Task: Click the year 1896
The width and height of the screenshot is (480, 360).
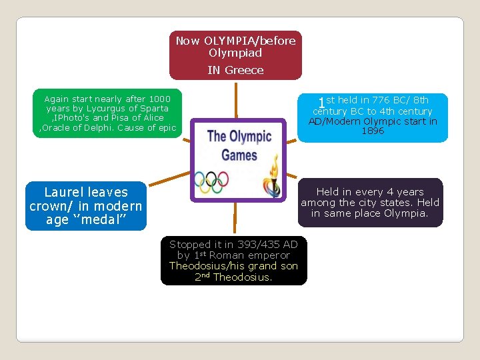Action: pos(373,131)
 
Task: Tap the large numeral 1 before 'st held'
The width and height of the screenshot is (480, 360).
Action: pos(321,104)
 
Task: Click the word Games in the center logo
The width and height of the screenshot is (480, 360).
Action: pos(239,155)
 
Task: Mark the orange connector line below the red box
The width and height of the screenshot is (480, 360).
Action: pos(235,100)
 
